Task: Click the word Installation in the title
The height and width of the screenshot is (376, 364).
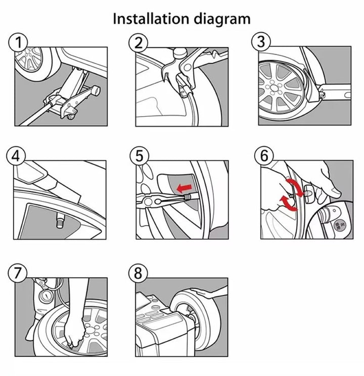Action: pos(151,19)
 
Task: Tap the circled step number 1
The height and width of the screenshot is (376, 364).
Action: pos(18,42)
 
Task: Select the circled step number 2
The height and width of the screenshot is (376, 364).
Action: pos(139,43)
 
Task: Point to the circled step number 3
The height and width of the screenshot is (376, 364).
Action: pos(261,41)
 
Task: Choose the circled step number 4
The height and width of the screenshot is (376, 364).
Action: pos(16,156)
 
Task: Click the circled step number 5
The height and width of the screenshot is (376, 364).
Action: pos(140,156)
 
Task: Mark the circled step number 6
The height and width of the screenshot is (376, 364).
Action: pos(264,156)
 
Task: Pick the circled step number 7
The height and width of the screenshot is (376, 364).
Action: pos(18,273)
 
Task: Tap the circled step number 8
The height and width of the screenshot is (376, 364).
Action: pos(138,273)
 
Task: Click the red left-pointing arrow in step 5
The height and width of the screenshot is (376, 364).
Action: pos(184,188)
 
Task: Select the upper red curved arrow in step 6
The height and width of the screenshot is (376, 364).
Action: pos(295,186)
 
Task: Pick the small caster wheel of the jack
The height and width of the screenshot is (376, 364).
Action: pos(71,117)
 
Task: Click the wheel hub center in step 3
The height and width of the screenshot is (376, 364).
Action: pos(274,87)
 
